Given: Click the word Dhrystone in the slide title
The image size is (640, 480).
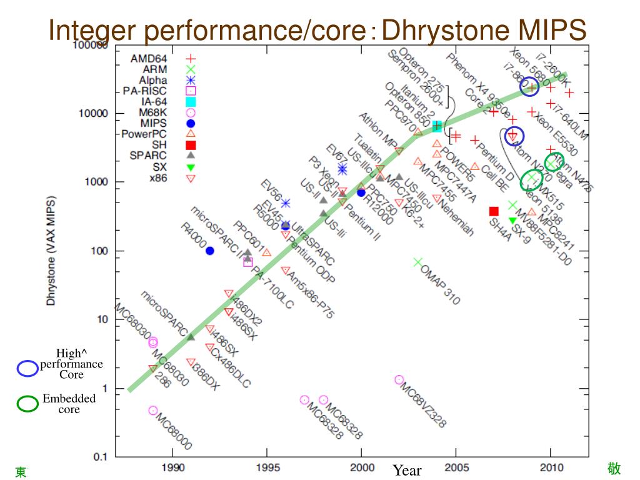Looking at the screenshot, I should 446,29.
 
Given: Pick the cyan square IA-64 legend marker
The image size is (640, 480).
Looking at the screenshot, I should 191,102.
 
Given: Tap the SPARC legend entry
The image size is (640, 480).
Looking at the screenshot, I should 148,156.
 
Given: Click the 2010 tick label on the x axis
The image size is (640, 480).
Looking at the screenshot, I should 550,468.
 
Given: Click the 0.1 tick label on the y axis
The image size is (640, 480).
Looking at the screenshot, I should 100,457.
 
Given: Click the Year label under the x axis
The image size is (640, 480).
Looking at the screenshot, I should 407,471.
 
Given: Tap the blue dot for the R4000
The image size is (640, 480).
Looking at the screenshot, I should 210,251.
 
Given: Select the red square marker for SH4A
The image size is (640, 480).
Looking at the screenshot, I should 494,211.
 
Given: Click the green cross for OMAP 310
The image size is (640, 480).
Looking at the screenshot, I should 418,262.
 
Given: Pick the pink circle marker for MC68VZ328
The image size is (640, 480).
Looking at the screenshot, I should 399,379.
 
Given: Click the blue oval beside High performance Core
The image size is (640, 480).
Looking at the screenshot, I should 27,369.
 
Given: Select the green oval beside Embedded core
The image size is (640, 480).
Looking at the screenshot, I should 27,404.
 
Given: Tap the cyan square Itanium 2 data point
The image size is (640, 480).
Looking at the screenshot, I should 437,126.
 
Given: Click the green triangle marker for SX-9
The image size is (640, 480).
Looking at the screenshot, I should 512,220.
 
